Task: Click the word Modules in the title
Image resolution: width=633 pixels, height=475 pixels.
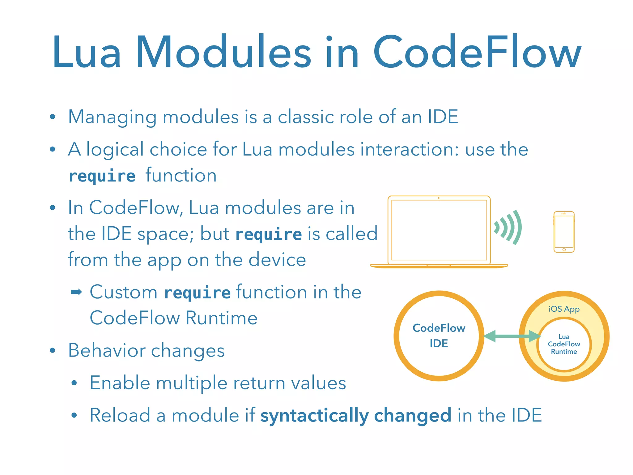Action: [x=223, y=52]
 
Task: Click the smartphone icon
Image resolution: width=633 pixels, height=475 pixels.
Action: [x=564, y=232]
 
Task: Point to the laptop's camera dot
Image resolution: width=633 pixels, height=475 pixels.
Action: [x=439, y=198]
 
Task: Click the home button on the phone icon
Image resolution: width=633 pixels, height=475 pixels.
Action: [x=564, y=250]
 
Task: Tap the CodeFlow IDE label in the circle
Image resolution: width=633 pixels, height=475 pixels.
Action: [x=439, y=336]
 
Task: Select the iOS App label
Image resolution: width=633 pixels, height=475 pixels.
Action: [x=564, y=309]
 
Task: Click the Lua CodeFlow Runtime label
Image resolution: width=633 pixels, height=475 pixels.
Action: [x=564, y=344]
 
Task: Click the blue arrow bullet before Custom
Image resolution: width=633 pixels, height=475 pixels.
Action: [x=76, y=292]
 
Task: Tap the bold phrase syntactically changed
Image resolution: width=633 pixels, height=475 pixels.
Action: [x=356, y=415]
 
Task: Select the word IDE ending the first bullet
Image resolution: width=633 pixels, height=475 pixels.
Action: [x=443, y=117]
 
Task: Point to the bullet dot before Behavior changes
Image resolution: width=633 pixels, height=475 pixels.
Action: [x=53, y=350]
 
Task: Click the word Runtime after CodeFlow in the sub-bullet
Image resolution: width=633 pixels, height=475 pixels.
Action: [x=221, y=318]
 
